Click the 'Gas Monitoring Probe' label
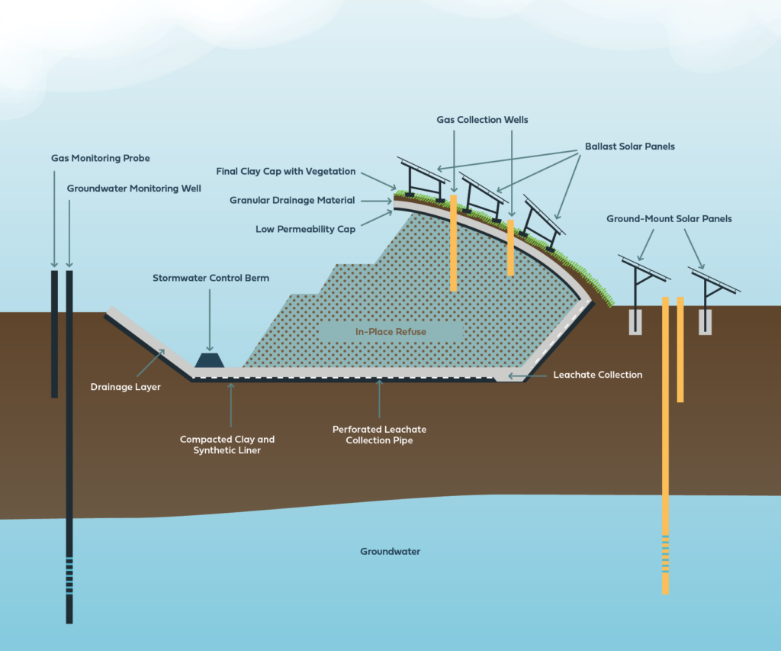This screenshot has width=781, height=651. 100,159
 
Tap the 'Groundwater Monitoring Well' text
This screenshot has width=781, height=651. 133,188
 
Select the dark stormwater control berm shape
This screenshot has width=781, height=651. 209,359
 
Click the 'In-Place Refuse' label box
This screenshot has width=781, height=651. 390,332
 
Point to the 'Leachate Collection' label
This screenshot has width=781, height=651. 597,375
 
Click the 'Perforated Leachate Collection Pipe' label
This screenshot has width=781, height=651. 379,435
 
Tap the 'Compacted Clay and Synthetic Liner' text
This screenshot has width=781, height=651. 227,444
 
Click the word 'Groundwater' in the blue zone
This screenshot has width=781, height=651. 390,551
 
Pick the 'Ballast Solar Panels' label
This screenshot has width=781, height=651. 629,146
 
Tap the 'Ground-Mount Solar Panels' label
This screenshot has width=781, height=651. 669,219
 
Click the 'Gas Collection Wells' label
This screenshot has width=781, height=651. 482,120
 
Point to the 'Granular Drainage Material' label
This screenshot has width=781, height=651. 292,200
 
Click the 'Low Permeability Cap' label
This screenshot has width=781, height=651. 305,229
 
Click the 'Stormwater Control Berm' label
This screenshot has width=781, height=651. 210,278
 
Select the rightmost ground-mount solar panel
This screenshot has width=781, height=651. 714,279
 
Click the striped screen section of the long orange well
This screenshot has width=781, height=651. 665,554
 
